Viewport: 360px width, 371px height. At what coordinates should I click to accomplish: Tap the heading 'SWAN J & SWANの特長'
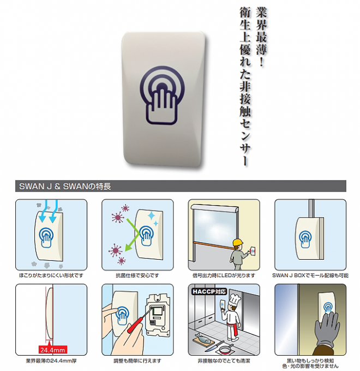(x=65, y=187)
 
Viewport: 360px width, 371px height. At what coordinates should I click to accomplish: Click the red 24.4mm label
(x=52, y=350)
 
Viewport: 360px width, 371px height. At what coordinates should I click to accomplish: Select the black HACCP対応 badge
(x=208, y=291)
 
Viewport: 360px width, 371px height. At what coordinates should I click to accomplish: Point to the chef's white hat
(x=235, y=300)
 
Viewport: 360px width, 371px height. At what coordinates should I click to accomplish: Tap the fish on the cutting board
(x=203, y=337)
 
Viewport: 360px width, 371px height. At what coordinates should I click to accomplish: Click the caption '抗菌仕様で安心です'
(x=137, y=276)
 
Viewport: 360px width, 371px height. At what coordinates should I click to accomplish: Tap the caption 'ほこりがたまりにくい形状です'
(x=51, y=276)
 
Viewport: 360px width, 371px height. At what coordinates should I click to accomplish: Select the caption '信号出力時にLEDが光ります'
(x=224, y=276)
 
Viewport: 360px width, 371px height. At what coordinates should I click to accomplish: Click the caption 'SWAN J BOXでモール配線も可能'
(x=310, y=276)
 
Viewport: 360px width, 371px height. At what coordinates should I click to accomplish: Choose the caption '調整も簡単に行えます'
(x=137, y=361)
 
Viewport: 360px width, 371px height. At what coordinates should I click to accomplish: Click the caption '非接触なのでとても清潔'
(x=224, y=361)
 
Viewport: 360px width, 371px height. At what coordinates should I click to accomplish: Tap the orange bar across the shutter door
(x=213, y=244)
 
